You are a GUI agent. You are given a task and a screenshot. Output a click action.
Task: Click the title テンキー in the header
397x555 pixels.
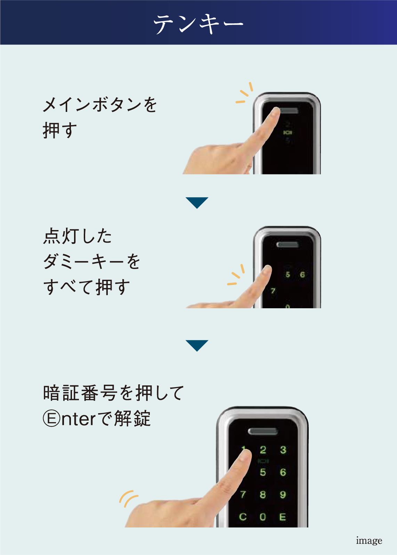point(198,24)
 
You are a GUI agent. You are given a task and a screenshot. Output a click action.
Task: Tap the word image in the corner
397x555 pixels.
point(369,540)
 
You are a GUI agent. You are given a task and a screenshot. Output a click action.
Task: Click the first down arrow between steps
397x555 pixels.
point(197,203)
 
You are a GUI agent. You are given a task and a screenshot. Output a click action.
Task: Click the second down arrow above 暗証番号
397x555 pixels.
point(197,346)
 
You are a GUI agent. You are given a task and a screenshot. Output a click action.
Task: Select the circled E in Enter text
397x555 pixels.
point(51,418)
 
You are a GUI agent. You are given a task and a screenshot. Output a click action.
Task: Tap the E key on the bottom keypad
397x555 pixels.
point(283,517)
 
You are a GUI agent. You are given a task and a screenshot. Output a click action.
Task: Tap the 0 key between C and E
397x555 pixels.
point(263,517)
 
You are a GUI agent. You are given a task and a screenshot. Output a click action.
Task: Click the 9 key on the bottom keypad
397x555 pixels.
point(283,495)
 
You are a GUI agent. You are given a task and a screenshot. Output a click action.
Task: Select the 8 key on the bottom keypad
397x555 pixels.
point(263,495)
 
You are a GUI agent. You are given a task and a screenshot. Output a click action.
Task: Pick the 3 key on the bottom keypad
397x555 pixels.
point(283,450)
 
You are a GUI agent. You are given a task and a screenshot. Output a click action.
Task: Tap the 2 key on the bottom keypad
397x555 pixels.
point(263,450)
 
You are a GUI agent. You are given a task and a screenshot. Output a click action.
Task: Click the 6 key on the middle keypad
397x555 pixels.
point(302,275)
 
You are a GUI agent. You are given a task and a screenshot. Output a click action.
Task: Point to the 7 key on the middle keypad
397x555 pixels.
point(273,291)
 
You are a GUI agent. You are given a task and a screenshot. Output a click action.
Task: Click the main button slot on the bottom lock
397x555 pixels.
point(263,431)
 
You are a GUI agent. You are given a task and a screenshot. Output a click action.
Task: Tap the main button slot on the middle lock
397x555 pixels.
point(287,245)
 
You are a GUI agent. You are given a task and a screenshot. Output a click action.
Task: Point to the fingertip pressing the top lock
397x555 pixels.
point(275,112)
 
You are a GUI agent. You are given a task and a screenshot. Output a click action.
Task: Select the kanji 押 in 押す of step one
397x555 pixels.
point(51,131)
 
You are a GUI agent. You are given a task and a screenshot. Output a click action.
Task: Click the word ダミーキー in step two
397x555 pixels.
point(83,262)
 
